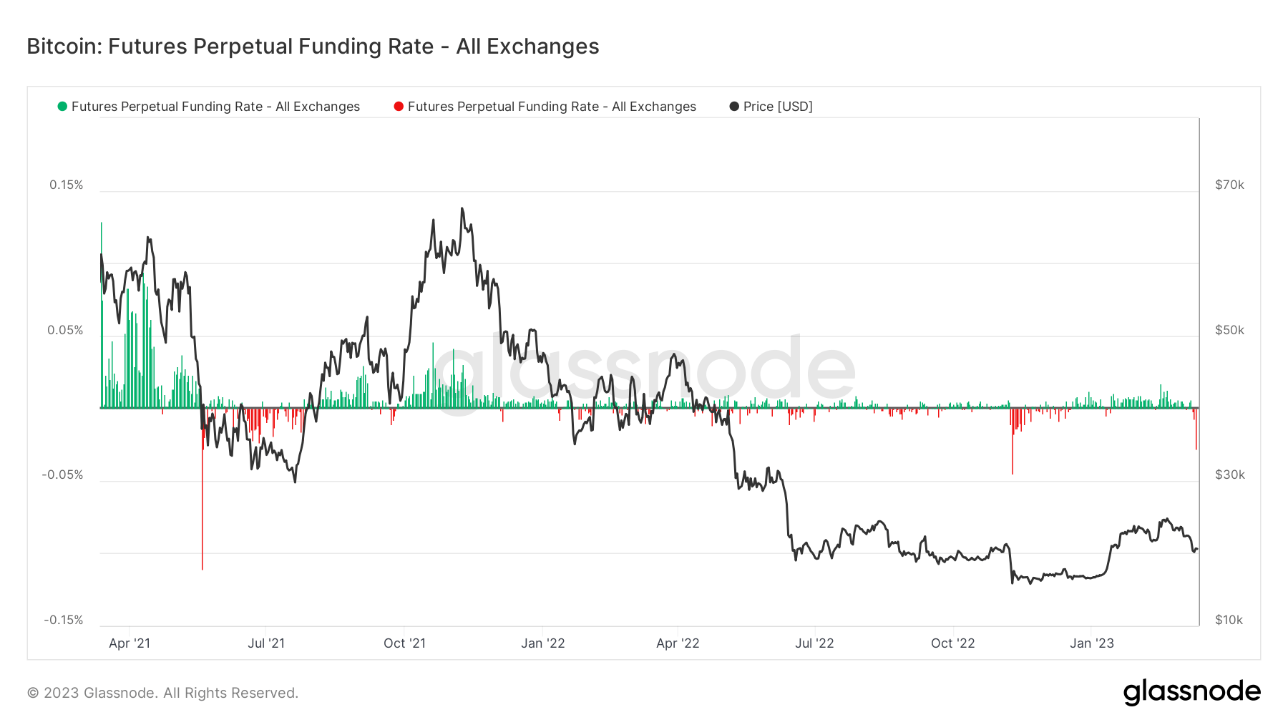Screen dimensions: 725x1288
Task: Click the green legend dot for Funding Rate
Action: pos(62,107)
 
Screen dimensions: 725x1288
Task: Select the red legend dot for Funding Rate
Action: pos(399,107)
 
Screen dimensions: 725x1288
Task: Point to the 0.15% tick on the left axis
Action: pos(66,185)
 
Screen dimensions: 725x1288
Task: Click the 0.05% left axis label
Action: pos(65,330)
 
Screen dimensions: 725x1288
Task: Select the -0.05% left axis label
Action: pos(62,475)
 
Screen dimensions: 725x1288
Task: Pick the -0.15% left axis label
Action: pos(63,620)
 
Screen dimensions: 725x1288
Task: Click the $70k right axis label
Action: pos(1229,185)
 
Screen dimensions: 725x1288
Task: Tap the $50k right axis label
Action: pos(1229,330)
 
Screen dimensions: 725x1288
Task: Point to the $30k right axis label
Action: pos(1229,475)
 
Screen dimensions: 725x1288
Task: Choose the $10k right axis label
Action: pos(1229,620)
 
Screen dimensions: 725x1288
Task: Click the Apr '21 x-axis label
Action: pos(130,643)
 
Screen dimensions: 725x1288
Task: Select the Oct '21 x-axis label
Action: pos(404,643)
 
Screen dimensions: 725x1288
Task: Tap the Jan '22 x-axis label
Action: pos(542,643)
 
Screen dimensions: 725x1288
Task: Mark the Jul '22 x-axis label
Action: pos(814,643)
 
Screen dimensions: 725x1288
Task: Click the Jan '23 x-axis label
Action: pos(1091,643)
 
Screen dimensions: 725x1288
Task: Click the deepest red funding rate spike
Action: pos(203,565)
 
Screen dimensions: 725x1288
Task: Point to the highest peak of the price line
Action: pos(462,209)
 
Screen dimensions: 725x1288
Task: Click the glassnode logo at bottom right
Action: pos(1191,692)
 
